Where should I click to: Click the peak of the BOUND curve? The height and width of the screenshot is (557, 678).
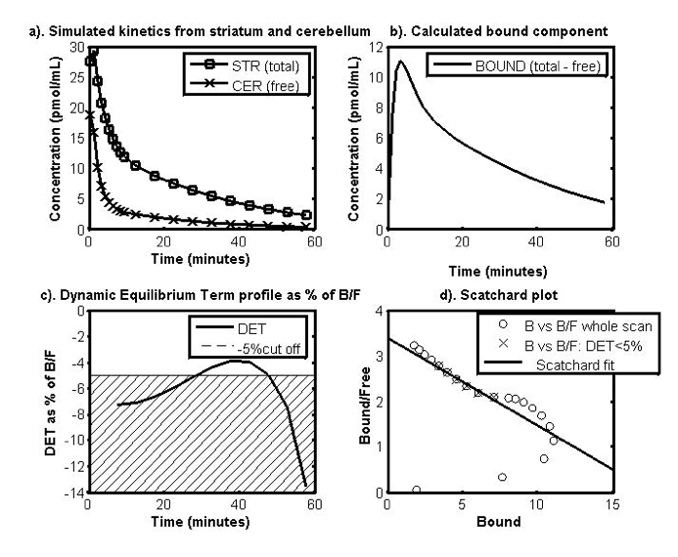tap(399, 62)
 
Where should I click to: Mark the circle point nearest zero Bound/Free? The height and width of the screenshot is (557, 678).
tap(417, 490)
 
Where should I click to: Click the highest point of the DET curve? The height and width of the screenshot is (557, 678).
tap(234, 361)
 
